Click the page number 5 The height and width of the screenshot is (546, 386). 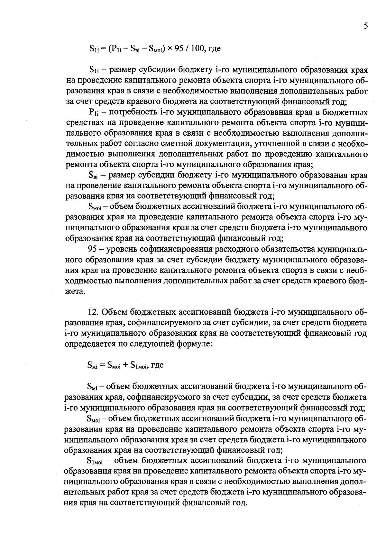(366, 26)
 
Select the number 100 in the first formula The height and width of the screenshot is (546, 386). (198, 49)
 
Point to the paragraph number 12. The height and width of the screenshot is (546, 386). (92, 312)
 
